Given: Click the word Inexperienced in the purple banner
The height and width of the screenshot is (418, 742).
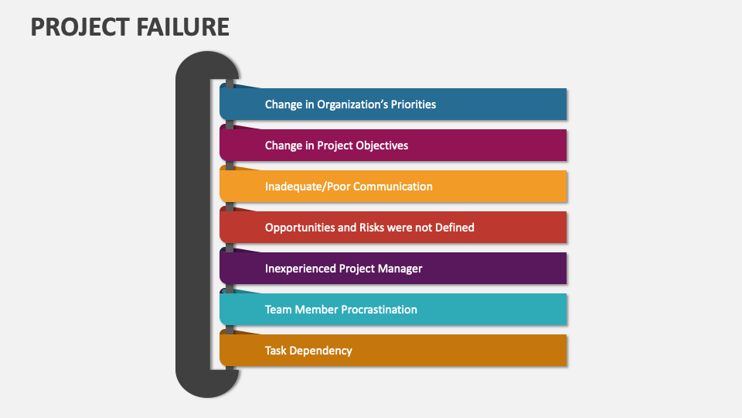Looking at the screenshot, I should click(x=300, y=268).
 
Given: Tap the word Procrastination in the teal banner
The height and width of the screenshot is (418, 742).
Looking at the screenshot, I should click(x=376, y=309).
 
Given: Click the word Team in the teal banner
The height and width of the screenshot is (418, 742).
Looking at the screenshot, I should click(x=278, y=309).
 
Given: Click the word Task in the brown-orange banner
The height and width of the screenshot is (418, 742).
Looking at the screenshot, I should click(x=277, y=350).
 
